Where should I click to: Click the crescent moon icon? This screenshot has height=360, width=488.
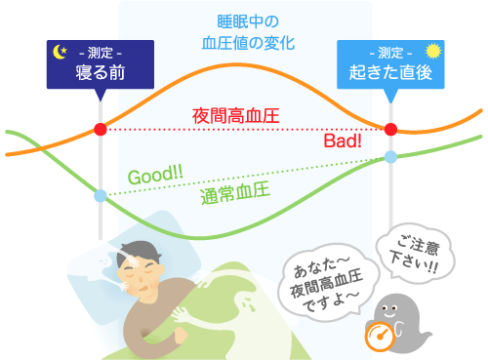[60, 52]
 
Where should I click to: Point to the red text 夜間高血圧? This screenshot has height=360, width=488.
[238, 115]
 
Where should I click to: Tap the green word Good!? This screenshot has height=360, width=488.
[155, 177]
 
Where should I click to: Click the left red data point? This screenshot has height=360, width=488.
[100, 130]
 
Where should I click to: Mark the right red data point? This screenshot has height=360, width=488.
[390, 130]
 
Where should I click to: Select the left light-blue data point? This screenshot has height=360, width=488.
[100, 196]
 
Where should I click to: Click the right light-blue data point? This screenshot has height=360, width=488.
[390, 156]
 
